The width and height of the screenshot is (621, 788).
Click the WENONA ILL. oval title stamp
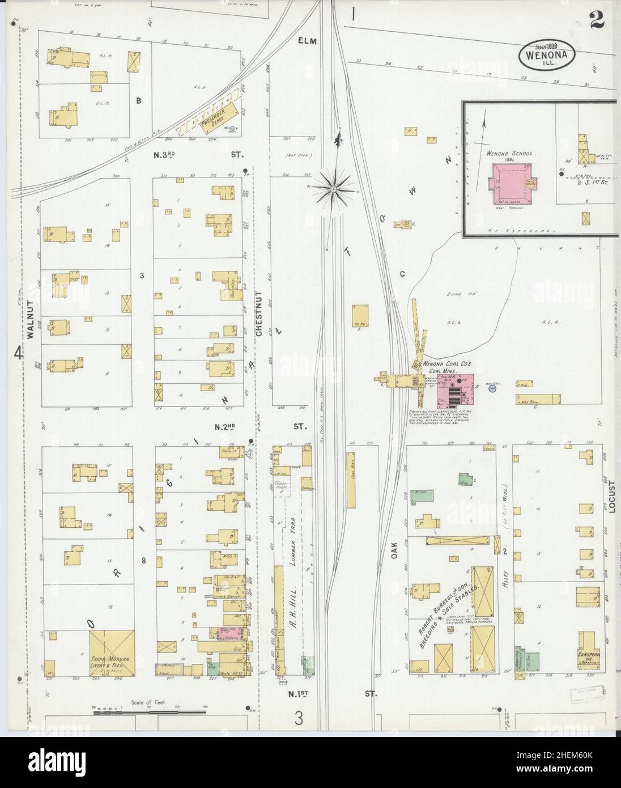tap(547, 54)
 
